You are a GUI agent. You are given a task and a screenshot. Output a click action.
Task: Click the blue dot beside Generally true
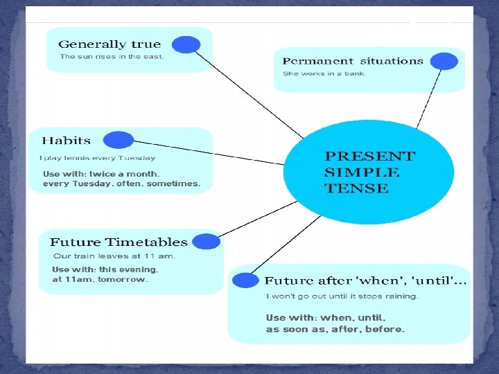point(186,45)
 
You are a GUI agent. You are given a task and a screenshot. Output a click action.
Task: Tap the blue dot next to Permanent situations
point(444,61)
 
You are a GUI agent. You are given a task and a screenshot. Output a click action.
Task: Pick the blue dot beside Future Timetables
point(206,242)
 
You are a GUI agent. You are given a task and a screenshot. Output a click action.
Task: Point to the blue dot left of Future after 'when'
point(245,280)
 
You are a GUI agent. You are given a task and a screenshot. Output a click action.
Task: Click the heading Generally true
point(110,44)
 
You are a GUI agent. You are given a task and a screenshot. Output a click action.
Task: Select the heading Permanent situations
point(353,61)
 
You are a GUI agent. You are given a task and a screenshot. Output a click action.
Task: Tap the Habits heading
point(67,141)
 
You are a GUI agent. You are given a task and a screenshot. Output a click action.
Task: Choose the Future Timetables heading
point(119,242)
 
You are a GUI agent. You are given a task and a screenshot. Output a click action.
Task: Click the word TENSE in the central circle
point(356,188)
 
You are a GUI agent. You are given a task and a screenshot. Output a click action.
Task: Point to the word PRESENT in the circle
point(370,157)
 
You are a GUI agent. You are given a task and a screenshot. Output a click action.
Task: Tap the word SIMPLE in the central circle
point(362,172)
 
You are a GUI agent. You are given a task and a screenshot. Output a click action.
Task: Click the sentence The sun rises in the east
point(112,57)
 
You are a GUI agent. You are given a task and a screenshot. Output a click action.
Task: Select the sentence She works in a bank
point(324,73)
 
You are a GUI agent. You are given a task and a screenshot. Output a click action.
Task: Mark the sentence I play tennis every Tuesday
point(98,159)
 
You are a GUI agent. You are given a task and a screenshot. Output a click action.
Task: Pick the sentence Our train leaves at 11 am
point(114,256)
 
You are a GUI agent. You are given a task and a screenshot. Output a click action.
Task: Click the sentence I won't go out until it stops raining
point(342,296)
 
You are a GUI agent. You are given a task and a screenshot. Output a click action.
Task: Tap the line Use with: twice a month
point(101,174)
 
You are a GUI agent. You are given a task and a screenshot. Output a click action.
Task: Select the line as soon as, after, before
point(335,330)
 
